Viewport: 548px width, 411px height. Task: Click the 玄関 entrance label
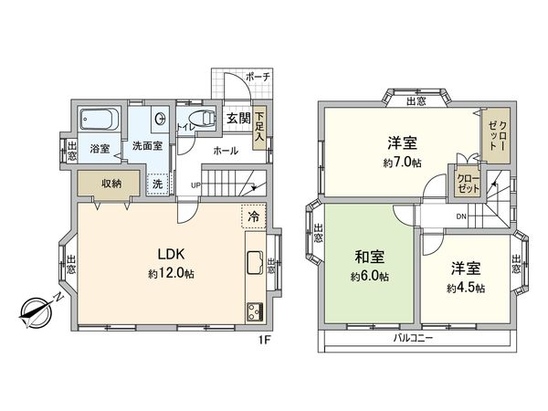coord(237,119)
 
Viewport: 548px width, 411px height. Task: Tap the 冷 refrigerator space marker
coord(253,217)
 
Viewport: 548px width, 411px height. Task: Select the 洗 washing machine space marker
coord(158,183)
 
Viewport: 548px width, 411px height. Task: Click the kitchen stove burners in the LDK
coord(252,311)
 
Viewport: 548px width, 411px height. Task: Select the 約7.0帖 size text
coord(402,162)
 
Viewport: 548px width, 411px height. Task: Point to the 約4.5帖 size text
coord(466,288)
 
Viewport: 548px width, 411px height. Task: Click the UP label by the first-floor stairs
coord(195,186)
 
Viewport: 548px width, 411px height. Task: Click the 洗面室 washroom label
coord(146,145)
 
